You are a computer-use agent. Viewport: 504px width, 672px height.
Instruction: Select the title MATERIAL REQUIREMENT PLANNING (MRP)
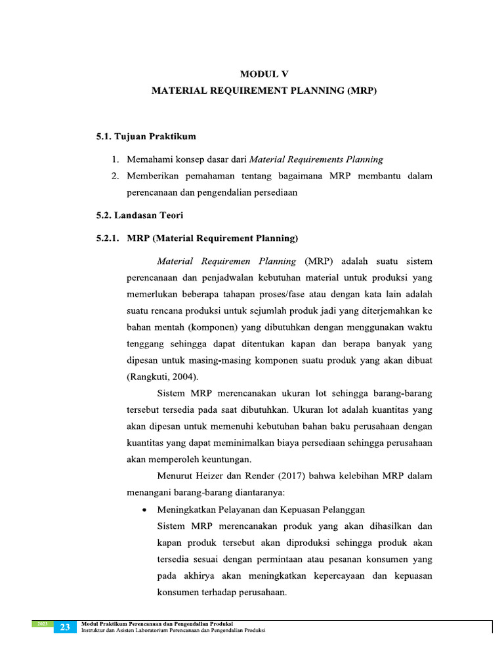(x=264, y=92)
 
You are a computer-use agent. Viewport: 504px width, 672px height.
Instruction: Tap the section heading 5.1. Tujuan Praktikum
(x=146, y=136)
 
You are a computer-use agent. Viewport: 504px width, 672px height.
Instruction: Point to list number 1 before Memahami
(x=114, y=159)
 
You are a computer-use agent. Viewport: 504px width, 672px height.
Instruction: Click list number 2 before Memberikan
(x=114, y=176)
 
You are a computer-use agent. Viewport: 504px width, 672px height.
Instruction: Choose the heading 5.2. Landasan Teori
(x=140, y=215)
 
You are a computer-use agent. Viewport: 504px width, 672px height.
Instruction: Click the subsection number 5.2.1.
(x=109, y=238)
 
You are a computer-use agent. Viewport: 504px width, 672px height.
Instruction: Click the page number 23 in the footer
(x=65, y=627)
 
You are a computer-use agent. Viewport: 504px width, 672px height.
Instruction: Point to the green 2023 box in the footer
(x=41, y=623)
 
